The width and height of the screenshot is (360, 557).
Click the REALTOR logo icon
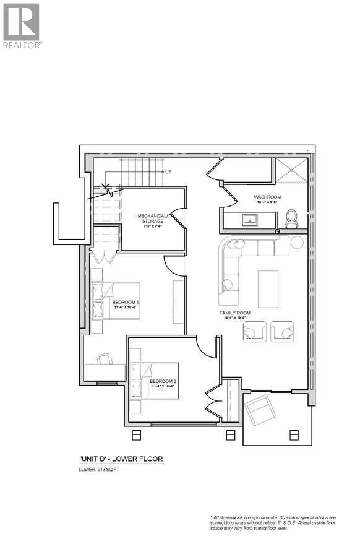pos(21,22)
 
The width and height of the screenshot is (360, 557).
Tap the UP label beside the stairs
pos(168,171)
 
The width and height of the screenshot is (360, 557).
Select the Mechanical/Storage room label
pos(151,218)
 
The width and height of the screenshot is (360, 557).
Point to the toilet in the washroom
pos(292,218)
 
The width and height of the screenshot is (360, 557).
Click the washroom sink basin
pos(251,218)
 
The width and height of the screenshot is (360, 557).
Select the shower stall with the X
pos(291,170)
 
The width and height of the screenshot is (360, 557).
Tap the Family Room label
pos(234,313)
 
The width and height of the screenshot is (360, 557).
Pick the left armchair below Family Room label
pos(252,332)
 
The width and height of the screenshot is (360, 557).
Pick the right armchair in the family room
pos(283,332)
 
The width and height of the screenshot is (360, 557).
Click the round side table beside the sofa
pos(296,242)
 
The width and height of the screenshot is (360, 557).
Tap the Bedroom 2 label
pos(163,381)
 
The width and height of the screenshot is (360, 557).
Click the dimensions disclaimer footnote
pos(272,522)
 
